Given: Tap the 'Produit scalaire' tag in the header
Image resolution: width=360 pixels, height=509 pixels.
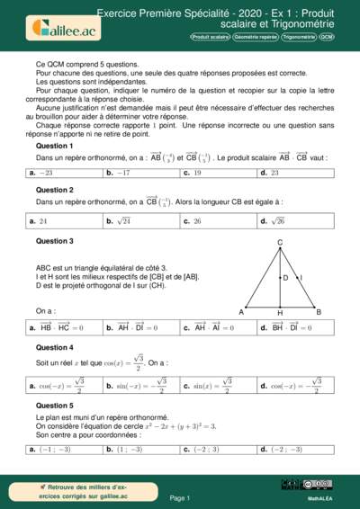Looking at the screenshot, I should [x=210, y=38].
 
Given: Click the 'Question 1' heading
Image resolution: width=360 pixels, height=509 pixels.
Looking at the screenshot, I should [x=54, y=145].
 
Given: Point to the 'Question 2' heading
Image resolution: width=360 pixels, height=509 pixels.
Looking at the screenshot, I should [x=54, y=190].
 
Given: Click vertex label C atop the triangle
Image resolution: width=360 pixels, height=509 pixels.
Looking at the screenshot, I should [x=280, y=243].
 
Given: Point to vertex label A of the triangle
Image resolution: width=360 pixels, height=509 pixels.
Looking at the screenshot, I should [x=241, y=312].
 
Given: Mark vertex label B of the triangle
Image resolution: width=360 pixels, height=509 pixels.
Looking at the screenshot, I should [x=319, y=312].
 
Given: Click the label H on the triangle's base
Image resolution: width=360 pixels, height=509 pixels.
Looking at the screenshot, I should [x=280, y=314].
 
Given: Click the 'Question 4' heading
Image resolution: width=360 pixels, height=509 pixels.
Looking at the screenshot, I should [x=54, y=347].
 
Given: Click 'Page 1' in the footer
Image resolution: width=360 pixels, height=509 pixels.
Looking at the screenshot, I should [x=180, y=497].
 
